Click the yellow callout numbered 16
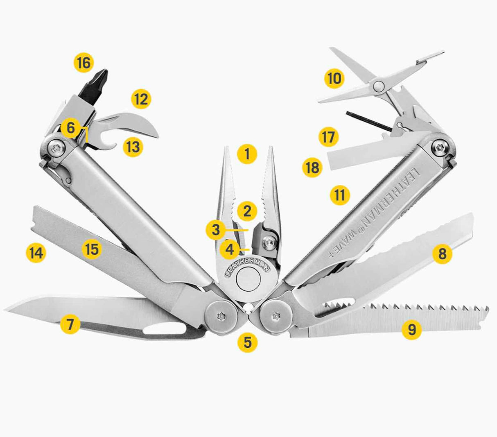click(x=84, y=63)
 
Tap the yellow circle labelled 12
click(x=141, y=99)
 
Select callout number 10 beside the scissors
click(x=334, y=79)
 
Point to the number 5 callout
click(x=248, y=342)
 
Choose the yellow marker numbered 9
click(x=412, y=330)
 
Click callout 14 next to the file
click(x=36, y=253)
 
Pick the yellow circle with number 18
click(x=312, y=168)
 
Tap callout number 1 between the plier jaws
click(x=247, y=154)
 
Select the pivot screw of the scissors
click(x=379, y=86)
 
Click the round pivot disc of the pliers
click(x=248, y=279)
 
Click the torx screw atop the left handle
click(x=57, y=148)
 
